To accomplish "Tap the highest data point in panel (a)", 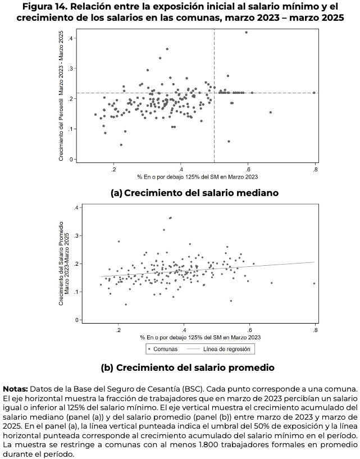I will click(246, 32).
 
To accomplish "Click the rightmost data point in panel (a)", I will click(314, 93).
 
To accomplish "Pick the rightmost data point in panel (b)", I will click(314, 283).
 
